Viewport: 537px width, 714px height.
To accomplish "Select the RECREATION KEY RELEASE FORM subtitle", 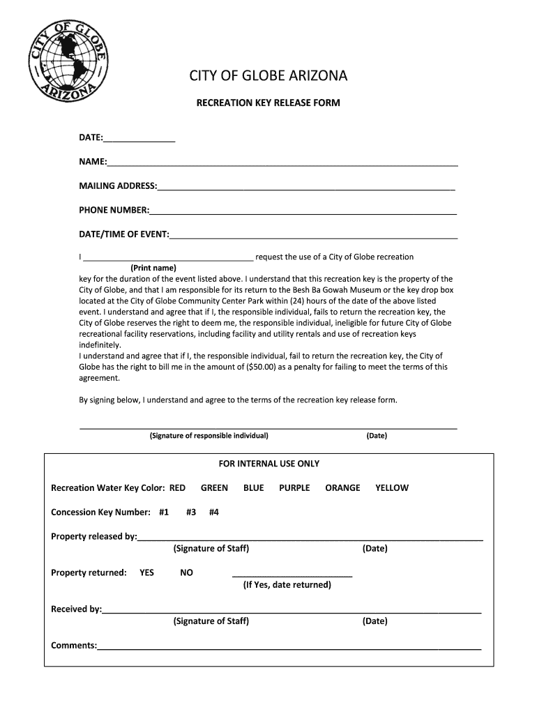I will [x=268, y=103].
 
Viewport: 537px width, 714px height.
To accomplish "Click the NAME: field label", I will [x=92, y=162].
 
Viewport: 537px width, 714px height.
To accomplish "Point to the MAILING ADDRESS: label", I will [x=118, y=186].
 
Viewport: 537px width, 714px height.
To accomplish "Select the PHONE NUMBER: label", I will [x=114, y=210].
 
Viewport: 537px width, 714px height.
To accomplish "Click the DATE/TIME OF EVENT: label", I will [x=124, y=234].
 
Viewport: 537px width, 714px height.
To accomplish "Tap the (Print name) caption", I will [x=153, y=268].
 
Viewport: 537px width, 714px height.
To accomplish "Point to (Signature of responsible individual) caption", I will [x=209, y=436].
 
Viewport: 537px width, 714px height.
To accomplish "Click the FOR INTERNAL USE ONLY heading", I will [x=268, y=464].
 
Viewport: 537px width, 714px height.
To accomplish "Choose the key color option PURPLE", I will [x=294, y=488].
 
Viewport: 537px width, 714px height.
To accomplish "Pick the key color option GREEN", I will [x=214, y=488].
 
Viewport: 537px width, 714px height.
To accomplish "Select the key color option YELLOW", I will [x=391, y=488].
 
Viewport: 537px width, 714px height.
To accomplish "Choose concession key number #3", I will [x=190, y=512].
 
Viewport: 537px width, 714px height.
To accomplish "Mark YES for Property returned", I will [x=146, y=573].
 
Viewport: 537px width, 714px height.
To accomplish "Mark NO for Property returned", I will [x=186, y=573].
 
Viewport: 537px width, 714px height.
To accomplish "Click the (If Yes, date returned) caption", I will [x=287, y=585].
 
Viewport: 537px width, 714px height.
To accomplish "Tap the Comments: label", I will [x=74, y=646].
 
